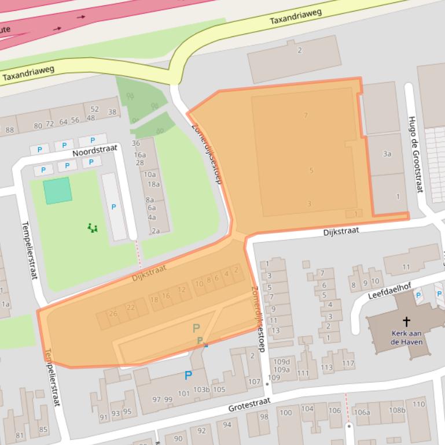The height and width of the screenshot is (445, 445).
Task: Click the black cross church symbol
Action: click(x=406, y=321)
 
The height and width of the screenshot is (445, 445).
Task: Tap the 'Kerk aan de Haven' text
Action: click(x=407, y=338)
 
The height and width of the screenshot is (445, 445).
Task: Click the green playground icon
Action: click(x=93, y=228)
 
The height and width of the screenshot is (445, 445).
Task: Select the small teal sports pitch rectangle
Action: click(x=58, y=190)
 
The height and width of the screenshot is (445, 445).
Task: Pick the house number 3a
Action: click(x=387, y=154)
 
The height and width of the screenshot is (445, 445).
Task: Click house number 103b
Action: click(x=201, y=390)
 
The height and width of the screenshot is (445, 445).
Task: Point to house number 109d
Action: click(x=282, y=362)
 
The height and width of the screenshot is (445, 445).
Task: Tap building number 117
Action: click(x=348, y=364)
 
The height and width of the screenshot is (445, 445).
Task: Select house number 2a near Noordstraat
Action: click(x=155, y=231)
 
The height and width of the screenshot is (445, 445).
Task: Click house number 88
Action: click(x=10, y=130)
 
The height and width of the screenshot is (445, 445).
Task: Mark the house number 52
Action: click(x=95, y=109)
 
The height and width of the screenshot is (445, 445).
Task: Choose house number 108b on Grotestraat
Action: click(x=397, y=411)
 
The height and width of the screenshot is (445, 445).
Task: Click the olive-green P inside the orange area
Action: click(x=196, y=329)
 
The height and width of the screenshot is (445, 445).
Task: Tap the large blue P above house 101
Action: click(x=188, y=376)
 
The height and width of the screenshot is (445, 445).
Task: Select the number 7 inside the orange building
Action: click(x=306, y=116)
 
